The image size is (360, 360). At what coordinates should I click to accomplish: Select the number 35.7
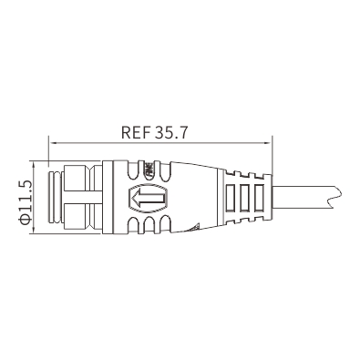(171, 132)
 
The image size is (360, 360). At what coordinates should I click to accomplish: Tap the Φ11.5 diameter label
(25, 202)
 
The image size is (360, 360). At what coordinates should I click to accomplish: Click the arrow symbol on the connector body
(149, 198)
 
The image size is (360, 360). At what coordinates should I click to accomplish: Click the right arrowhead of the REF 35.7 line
(267, 143)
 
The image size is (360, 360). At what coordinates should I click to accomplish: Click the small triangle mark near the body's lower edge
(194, 227)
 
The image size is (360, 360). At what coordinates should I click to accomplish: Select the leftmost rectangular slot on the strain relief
(230, 198)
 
